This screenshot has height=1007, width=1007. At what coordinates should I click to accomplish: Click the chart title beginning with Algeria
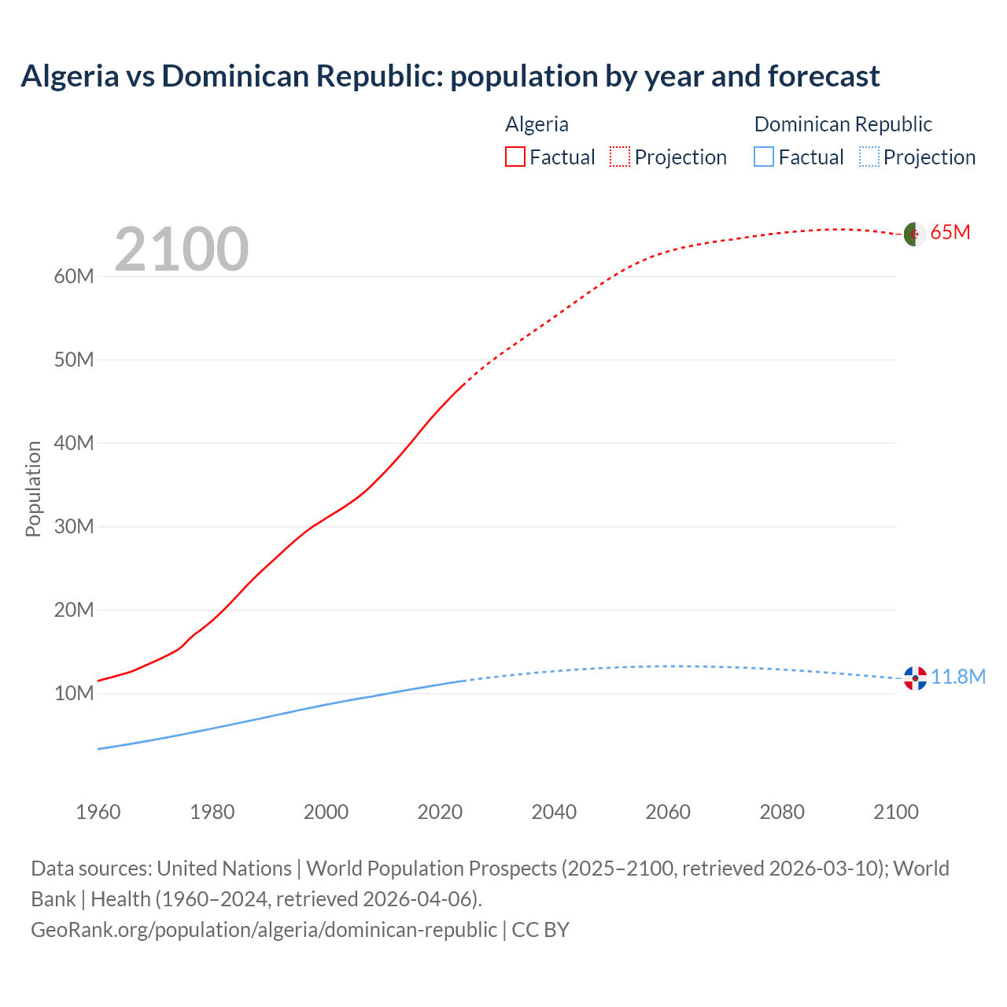450,76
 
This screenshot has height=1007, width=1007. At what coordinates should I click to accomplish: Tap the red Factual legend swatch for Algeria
515,157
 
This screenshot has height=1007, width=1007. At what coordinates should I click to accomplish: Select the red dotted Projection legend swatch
620,157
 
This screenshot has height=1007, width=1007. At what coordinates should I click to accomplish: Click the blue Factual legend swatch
764,157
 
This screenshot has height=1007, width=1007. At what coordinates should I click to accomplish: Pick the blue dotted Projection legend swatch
869,157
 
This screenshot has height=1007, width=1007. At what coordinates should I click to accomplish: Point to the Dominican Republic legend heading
843,124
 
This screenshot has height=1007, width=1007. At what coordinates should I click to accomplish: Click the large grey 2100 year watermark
182,249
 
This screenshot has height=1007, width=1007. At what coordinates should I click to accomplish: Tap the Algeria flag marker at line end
914,234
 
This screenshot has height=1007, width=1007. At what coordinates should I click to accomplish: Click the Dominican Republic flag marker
915,677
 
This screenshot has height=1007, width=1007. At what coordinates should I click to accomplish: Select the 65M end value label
950,232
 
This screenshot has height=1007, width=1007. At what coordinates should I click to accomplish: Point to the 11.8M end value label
958,677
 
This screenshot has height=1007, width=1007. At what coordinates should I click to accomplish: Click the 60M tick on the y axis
74,276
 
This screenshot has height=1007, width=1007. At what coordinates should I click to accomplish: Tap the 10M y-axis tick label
74,693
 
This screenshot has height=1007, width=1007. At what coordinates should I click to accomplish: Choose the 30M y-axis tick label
74,526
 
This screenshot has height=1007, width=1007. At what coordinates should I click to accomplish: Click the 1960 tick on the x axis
98,812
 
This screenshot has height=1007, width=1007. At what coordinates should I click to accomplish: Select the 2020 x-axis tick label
440,812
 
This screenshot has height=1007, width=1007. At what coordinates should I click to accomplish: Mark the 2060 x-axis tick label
668,812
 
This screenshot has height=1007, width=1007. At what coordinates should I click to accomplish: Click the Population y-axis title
33,489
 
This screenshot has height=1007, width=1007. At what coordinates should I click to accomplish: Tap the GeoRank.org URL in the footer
264,930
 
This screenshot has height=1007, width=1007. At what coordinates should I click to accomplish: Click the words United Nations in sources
224,869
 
